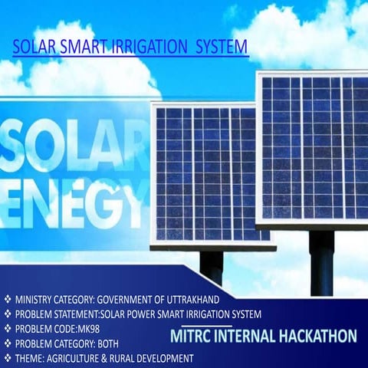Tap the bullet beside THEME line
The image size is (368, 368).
(7, 358)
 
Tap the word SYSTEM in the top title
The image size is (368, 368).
(222, 48)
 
